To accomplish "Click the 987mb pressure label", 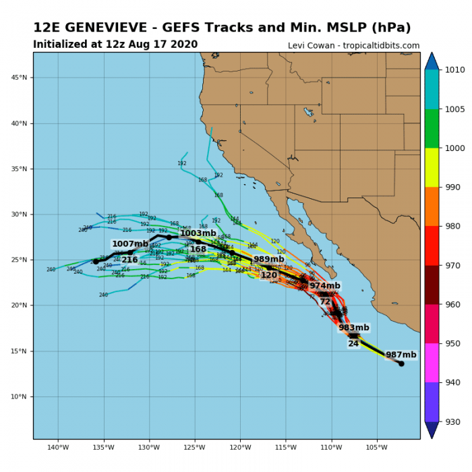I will point(401,355).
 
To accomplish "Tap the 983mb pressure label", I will point(354,328).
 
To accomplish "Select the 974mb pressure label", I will point(325,286).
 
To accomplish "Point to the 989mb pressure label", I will point(268,260).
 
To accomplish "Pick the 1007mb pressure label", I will point(129,244).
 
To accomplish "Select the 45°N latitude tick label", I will point(19,78).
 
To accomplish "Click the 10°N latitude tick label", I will point(19,396).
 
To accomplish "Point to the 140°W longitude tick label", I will point(58,447).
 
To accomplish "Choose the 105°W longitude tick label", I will point(377,447).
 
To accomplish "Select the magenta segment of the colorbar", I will point(432,363).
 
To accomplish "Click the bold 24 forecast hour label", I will point(353,344).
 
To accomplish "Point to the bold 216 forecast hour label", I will point(129,260).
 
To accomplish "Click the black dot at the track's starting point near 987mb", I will point(401,363).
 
